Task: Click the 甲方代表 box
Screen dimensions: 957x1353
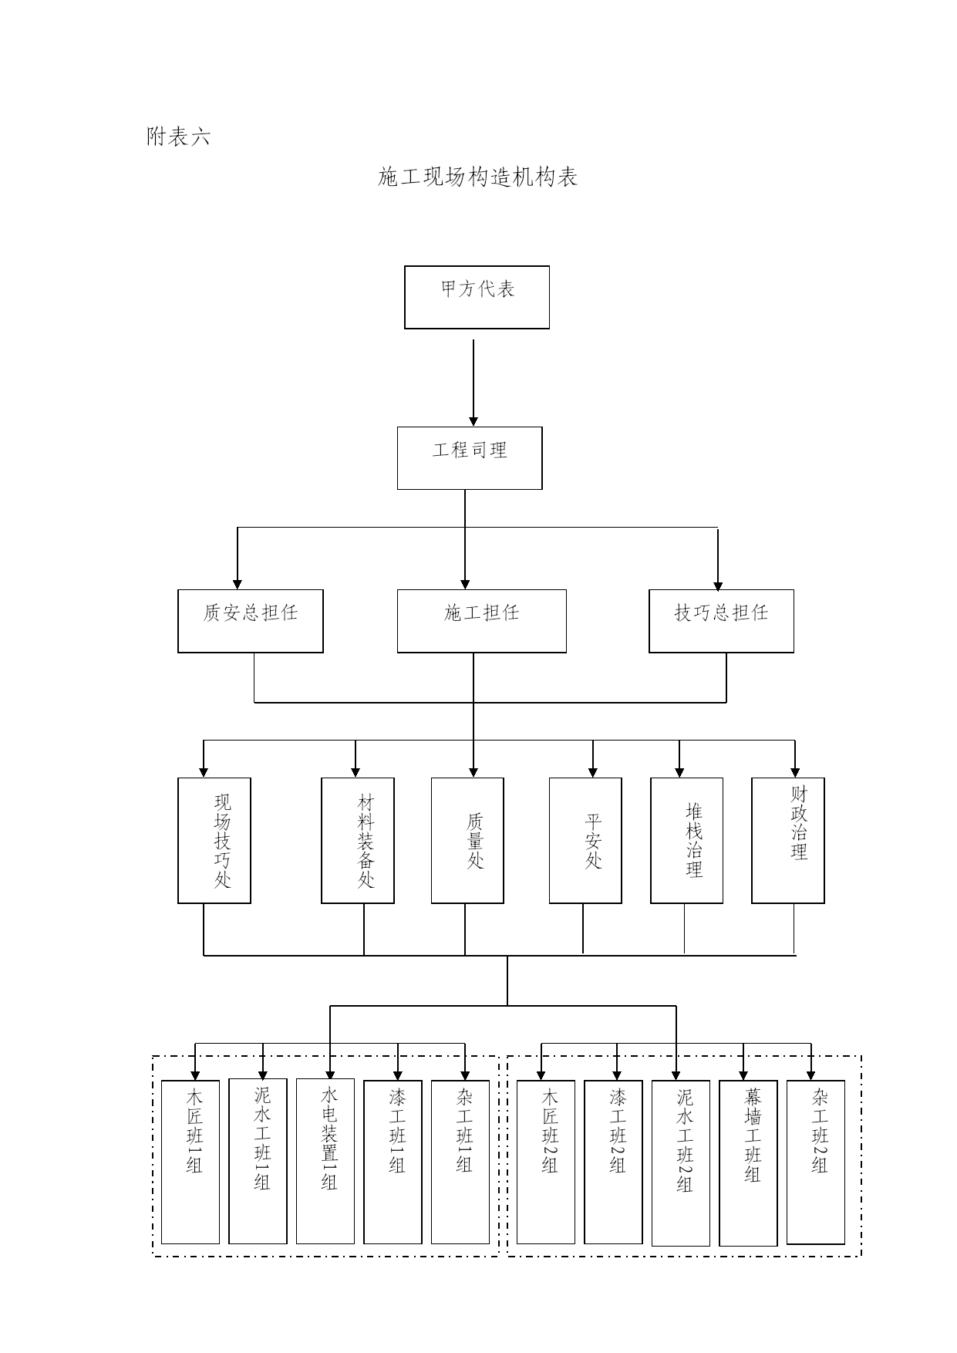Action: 477,297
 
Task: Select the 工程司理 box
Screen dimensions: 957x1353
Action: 470,458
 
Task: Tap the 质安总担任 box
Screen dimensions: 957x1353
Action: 251,621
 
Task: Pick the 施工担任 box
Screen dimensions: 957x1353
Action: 482,621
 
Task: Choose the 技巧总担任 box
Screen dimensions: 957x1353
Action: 721,621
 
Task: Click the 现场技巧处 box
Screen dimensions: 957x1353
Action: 214,840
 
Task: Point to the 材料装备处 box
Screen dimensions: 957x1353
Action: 358,840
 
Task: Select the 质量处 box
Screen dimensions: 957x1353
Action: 467,840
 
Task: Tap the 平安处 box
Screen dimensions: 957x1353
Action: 585,840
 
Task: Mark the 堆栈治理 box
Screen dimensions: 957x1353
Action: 687,840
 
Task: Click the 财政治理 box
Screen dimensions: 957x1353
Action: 788,840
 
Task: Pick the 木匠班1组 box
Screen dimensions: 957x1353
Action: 190,1162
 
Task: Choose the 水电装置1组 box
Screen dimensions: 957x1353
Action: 325,1161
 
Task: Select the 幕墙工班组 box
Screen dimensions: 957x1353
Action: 748,1163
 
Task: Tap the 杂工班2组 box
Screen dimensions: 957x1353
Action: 816,1162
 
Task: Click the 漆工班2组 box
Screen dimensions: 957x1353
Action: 613,1162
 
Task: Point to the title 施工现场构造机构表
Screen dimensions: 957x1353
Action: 478,177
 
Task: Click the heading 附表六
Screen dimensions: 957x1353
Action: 178,137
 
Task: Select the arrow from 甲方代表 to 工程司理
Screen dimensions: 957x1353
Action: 473,383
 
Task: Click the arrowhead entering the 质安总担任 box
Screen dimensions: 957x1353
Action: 238,584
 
